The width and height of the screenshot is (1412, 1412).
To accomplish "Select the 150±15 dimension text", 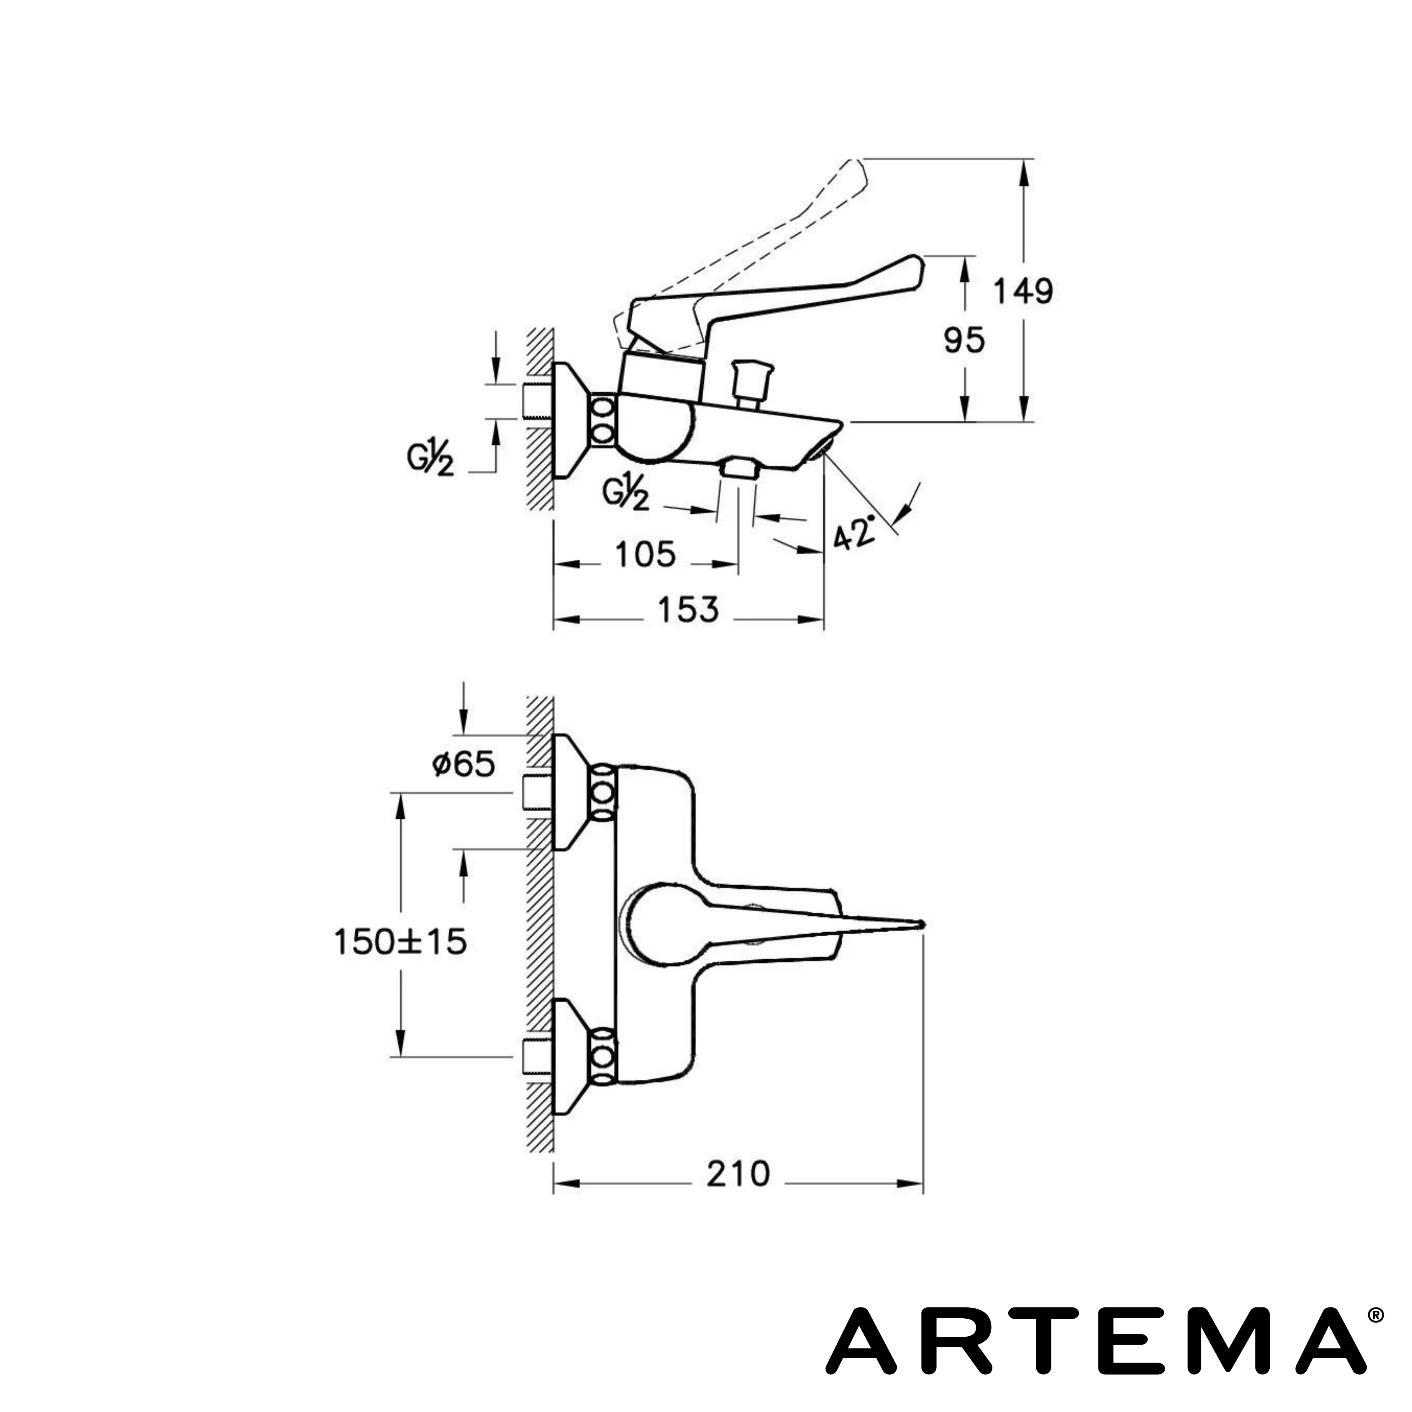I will point(400,942).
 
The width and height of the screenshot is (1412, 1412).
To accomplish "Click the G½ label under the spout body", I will point(625,495).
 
